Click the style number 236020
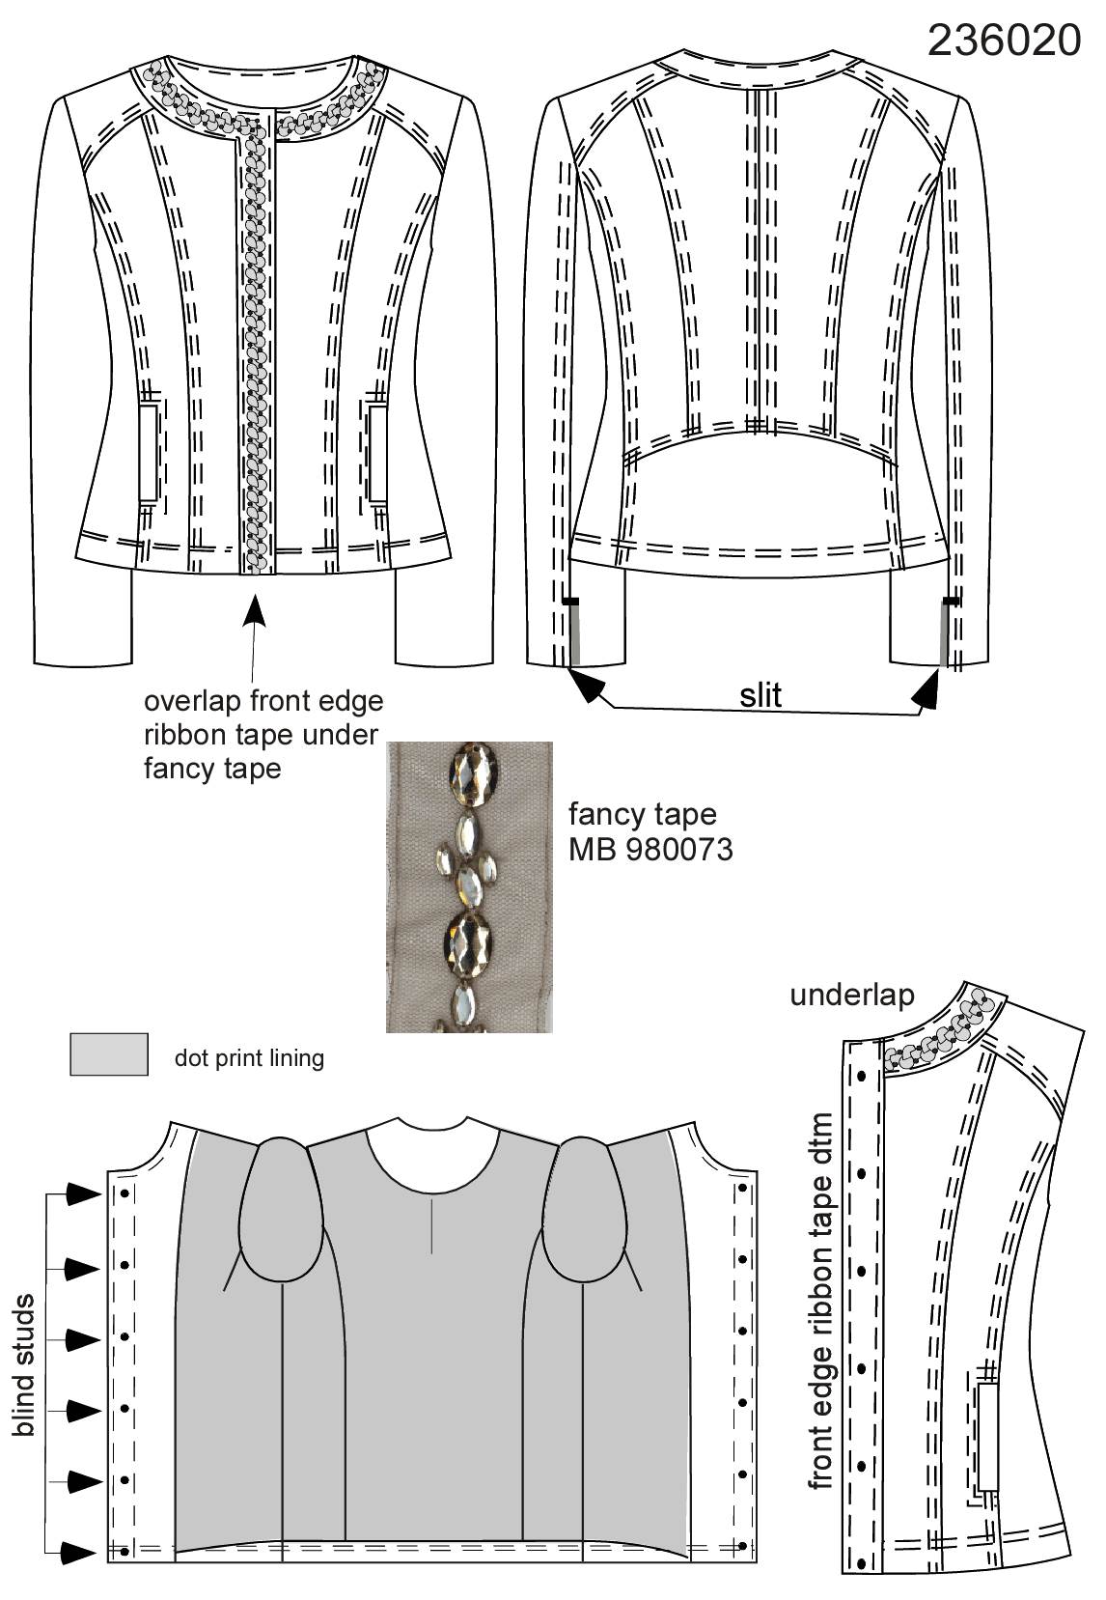(x=1004, y=40)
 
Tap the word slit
(x=760, y=694)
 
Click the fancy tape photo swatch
(x=469, y=886)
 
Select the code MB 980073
(x=650, y=850)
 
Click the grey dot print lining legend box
(x=109, y=1053)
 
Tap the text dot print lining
(x=249, y=1058)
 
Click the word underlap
(x=852, y=995)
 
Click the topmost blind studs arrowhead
(x=84, y=1193)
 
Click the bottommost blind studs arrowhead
(x=78, y=1551)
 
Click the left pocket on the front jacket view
(x=150, y=453)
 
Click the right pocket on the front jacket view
(x=377, y=453)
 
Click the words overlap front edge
(x=263, y=701)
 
